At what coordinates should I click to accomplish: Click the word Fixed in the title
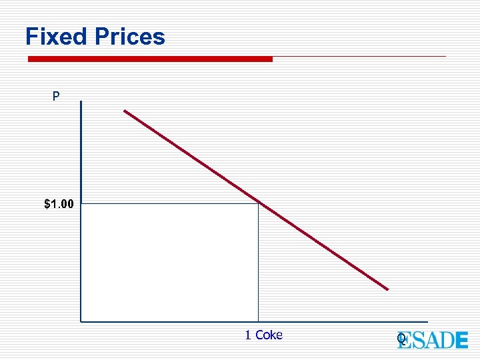pyautogui.click(x=57, y=37)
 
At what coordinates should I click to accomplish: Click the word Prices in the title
pyautogui.click(x=130, y=37)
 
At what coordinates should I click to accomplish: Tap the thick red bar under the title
pyautogui.click(x=150, y=59)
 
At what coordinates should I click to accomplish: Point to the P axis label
pyautogui.click(x=56, y=97)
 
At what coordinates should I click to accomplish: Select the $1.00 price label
pyautogui.click(x=59, y=204)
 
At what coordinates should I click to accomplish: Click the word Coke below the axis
pyautogui.click(x=269, y=335)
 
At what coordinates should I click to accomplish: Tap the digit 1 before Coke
pyautogui.click(x=248, y=335)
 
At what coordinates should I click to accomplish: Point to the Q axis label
pyautogui.click(x=401, y=339)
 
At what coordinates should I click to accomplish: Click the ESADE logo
pyautogui.click(x=433, y=340)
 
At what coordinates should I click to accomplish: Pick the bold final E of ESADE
pyautogui.click(x=461, y=340)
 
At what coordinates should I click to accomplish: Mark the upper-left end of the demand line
pyautogui.click(x=125, y=111)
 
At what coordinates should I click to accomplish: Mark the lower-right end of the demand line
pyautogui.click(x=387, y=289)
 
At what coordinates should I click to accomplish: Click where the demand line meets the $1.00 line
pyautogui.click(x=258, y=203)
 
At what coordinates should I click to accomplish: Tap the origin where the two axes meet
pyautogui.click(x=81, y=321)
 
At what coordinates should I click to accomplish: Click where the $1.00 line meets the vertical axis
pyautogui.click(x=81, y=203)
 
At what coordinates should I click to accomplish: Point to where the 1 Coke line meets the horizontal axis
pyautogui.click(x=258, y=321)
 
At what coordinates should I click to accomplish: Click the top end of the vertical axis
pyautogui.click(x=81, y=102)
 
